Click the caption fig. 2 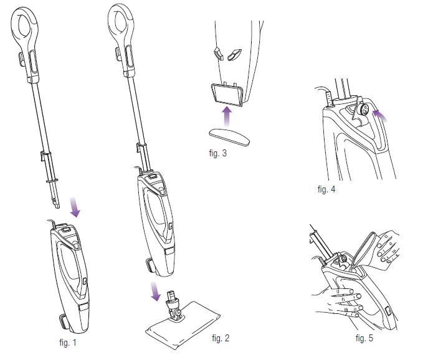[221, 338]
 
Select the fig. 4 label [326, 189]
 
